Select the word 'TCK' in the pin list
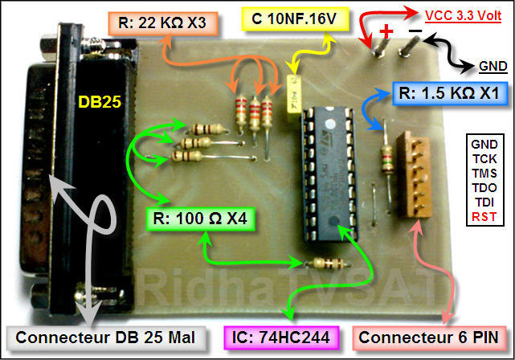[x=484, y=159]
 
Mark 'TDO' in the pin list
[x=484, y=188]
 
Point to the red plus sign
[x=386, y=31]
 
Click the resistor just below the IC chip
[x=329, y=264]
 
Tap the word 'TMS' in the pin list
[x=484, y=174]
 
